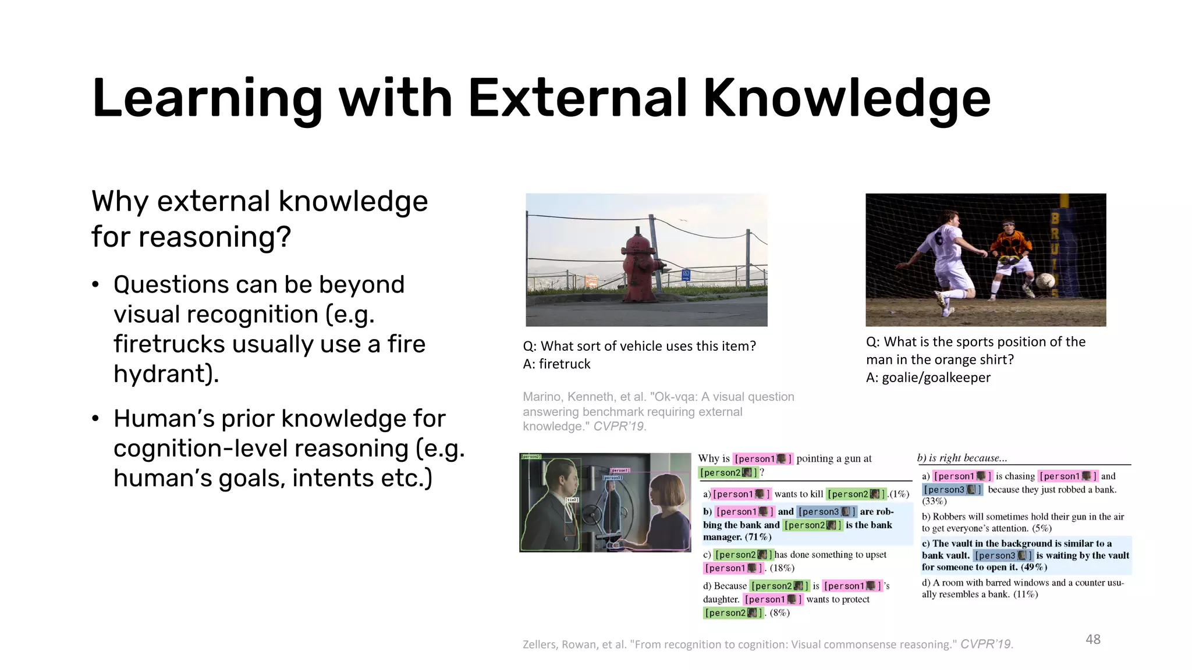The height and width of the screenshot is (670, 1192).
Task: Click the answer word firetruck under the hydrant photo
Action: [564, 364]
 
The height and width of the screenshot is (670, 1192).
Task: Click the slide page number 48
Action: [1092, 639]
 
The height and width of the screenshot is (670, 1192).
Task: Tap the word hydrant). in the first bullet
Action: [166, 373]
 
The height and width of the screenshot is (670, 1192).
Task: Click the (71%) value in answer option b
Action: [758, 537]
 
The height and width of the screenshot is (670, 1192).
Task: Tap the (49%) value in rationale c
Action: [1034, 567]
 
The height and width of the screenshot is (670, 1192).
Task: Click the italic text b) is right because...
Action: [962, 458]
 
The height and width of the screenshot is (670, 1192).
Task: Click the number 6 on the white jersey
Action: [938, 239]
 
